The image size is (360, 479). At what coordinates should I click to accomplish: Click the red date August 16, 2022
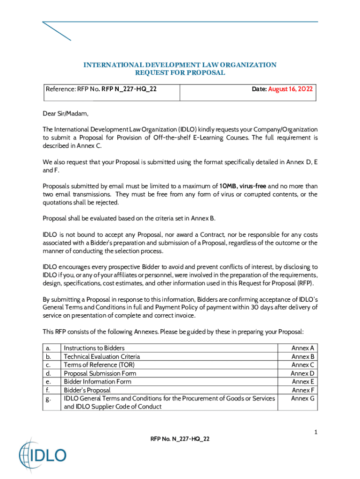pyautogui.click(x=290, y=89)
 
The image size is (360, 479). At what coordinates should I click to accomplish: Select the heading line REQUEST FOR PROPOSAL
pyautogui.click(x=180, y=73)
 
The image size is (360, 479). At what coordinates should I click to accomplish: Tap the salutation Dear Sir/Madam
pyautogui.click(x=65, y=113)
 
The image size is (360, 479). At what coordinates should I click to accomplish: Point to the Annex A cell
pyautogui.click(x=303, y=348)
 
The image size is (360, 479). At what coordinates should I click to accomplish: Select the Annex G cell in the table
pyautogui.click(x=303, y=399)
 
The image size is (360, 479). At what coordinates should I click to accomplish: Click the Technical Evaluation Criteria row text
pyautogui.click(x=101, y=356)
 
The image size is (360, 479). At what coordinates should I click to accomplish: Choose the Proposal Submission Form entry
pyautogui.click(x=100, y=373)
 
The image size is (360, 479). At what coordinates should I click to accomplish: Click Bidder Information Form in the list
pyautogui.click(x=97, y=382)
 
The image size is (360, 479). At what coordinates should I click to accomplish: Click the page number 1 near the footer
pyautogui.click(x=316, y=432)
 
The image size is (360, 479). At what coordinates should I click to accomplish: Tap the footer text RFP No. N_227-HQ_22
pyautogui.click(x=180, y=439)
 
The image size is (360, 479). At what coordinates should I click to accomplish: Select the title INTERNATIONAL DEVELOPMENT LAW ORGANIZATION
pyautogui.click(x=180, y=65)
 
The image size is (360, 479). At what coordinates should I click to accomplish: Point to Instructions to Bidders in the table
pyautogui.click(x=94, y=348)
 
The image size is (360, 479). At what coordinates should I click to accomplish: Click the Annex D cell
pyautogui.click(x=303, y=373)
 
